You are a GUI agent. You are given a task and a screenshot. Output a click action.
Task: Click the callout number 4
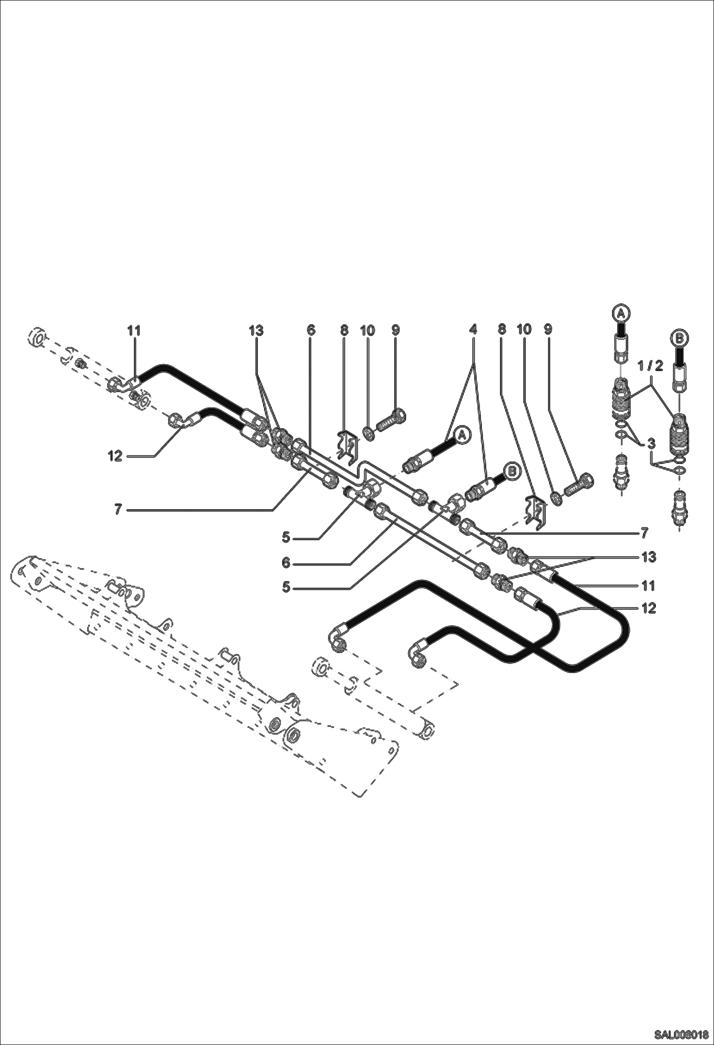[473, 329]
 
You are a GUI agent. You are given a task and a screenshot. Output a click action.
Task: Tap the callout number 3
[652, 443]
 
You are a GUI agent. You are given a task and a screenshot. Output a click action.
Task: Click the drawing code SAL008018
[681, 1035]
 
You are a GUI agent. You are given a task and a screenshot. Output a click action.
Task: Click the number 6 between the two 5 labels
[286, 563]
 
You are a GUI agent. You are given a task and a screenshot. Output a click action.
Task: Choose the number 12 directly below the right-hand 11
[649, 608]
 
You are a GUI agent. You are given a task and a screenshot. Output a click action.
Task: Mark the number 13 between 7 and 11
[649, 556]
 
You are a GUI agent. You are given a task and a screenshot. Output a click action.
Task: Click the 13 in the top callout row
[256, 330]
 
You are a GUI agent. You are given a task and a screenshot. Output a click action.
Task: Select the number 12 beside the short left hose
[115, 456]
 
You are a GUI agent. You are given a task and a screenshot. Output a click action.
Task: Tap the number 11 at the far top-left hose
[134, 330]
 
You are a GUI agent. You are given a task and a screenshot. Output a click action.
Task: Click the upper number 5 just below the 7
[286, 537]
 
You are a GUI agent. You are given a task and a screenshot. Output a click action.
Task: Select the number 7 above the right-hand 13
[644, 533]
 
